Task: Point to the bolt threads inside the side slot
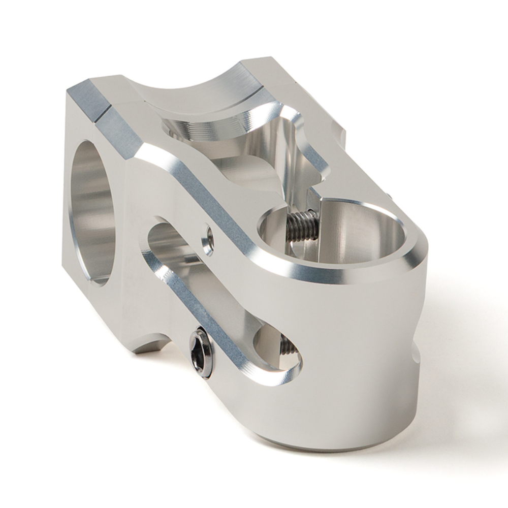point(288,346)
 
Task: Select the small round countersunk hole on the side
point(207,239)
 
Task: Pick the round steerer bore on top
point(335,231)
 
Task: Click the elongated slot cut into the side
point(218,300)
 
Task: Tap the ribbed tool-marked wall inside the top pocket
point(203,130)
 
